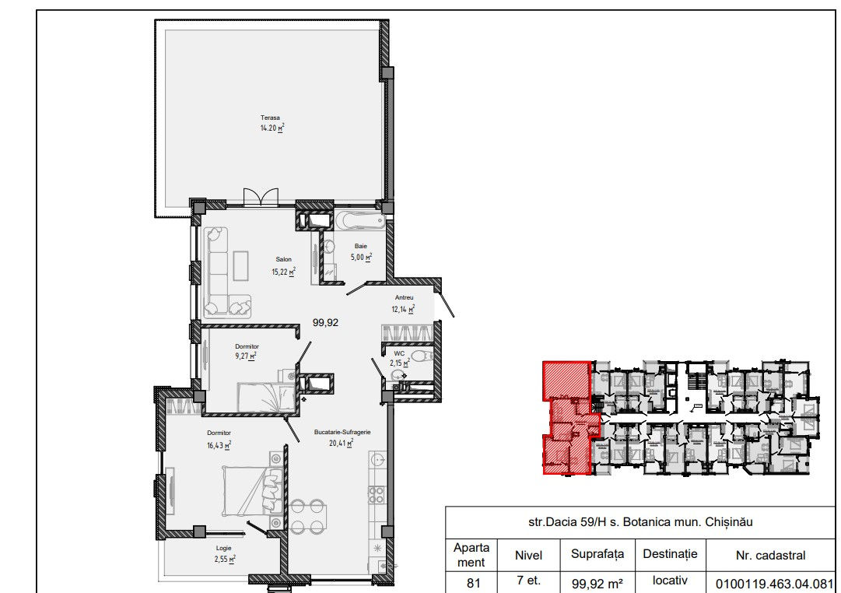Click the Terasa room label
click(x=270, y=118)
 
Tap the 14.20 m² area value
click(x=272, y=128)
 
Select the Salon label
click(x=284, y=259)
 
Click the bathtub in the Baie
click(x=360, y=220)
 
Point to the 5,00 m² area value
click(x=362, y=257)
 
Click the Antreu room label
click(x=404, y=297)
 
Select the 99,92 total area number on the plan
click(x=325, y=322)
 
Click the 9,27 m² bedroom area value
click(x=246, y=356)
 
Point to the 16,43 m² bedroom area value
click(x=219, y=445)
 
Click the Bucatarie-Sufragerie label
click(x=342, y=432)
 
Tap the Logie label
click(x=223, y=548)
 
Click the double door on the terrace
click(x=261, y=197)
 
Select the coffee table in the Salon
click(x=241, y=265)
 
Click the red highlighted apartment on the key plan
click(x=568, y=418)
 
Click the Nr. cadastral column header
click(x=770, y=556)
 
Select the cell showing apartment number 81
click(x=473, y=583)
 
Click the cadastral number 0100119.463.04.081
click(x=774, y=584)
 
